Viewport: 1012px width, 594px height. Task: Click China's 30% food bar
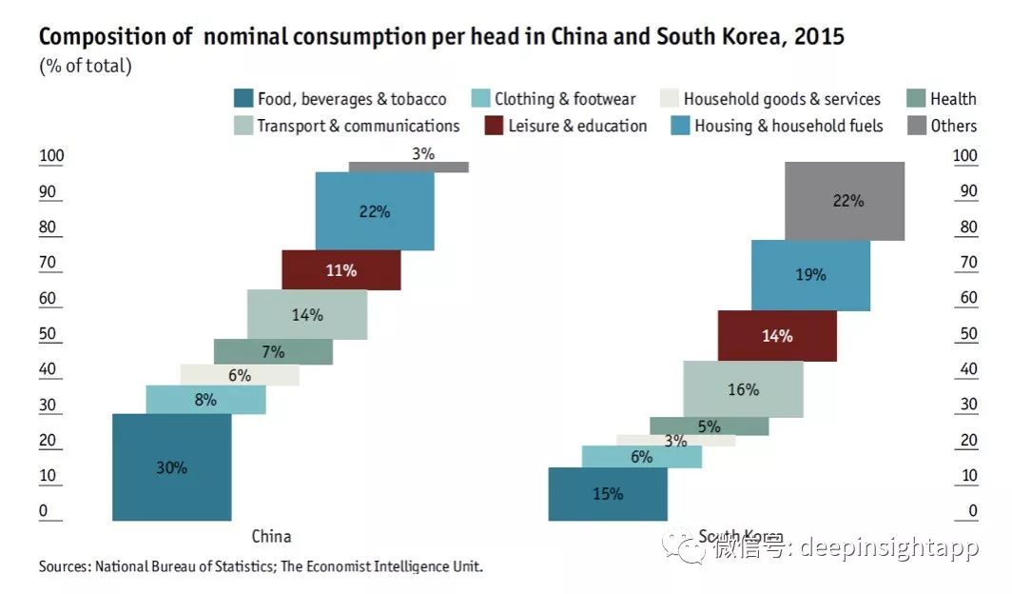point(171,467)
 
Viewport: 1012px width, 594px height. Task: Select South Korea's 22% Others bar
point(845,201)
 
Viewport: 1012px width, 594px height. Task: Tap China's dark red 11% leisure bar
point(341,270)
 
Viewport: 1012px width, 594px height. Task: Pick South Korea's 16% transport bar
point(743,389)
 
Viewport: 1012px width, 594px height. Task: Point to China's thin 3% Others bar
point(408,167)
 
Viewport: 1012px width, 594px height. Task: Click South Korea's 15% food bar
point(608,494)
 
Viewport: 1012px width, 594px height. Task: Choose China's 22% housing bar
point(375,211)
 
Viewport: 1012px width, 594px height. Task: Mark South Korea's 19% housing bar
point(810,275)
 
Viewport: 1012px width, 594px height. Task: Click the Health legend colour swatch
point(915,98)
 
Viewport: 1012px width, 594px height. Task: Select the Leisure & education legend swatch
point(495,126)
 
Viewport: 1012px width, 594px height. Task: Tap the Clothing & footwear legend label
point(565,98)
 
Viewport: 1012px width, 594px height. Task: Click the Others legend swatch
point(915,126)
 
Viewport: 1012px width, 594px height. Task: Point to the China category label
point(271,536)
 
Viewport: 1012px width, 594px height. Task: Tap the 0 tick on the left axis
point(44,512)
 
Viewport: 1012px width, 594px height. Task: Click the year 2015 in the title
point(821,37)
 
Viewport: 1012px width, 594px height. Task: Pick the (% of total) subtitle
point(86,67)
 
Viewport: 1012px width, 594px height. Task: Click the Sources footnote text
point(261,566)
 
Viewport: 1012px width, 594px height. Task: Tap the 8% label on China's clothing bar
point(205,400)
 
